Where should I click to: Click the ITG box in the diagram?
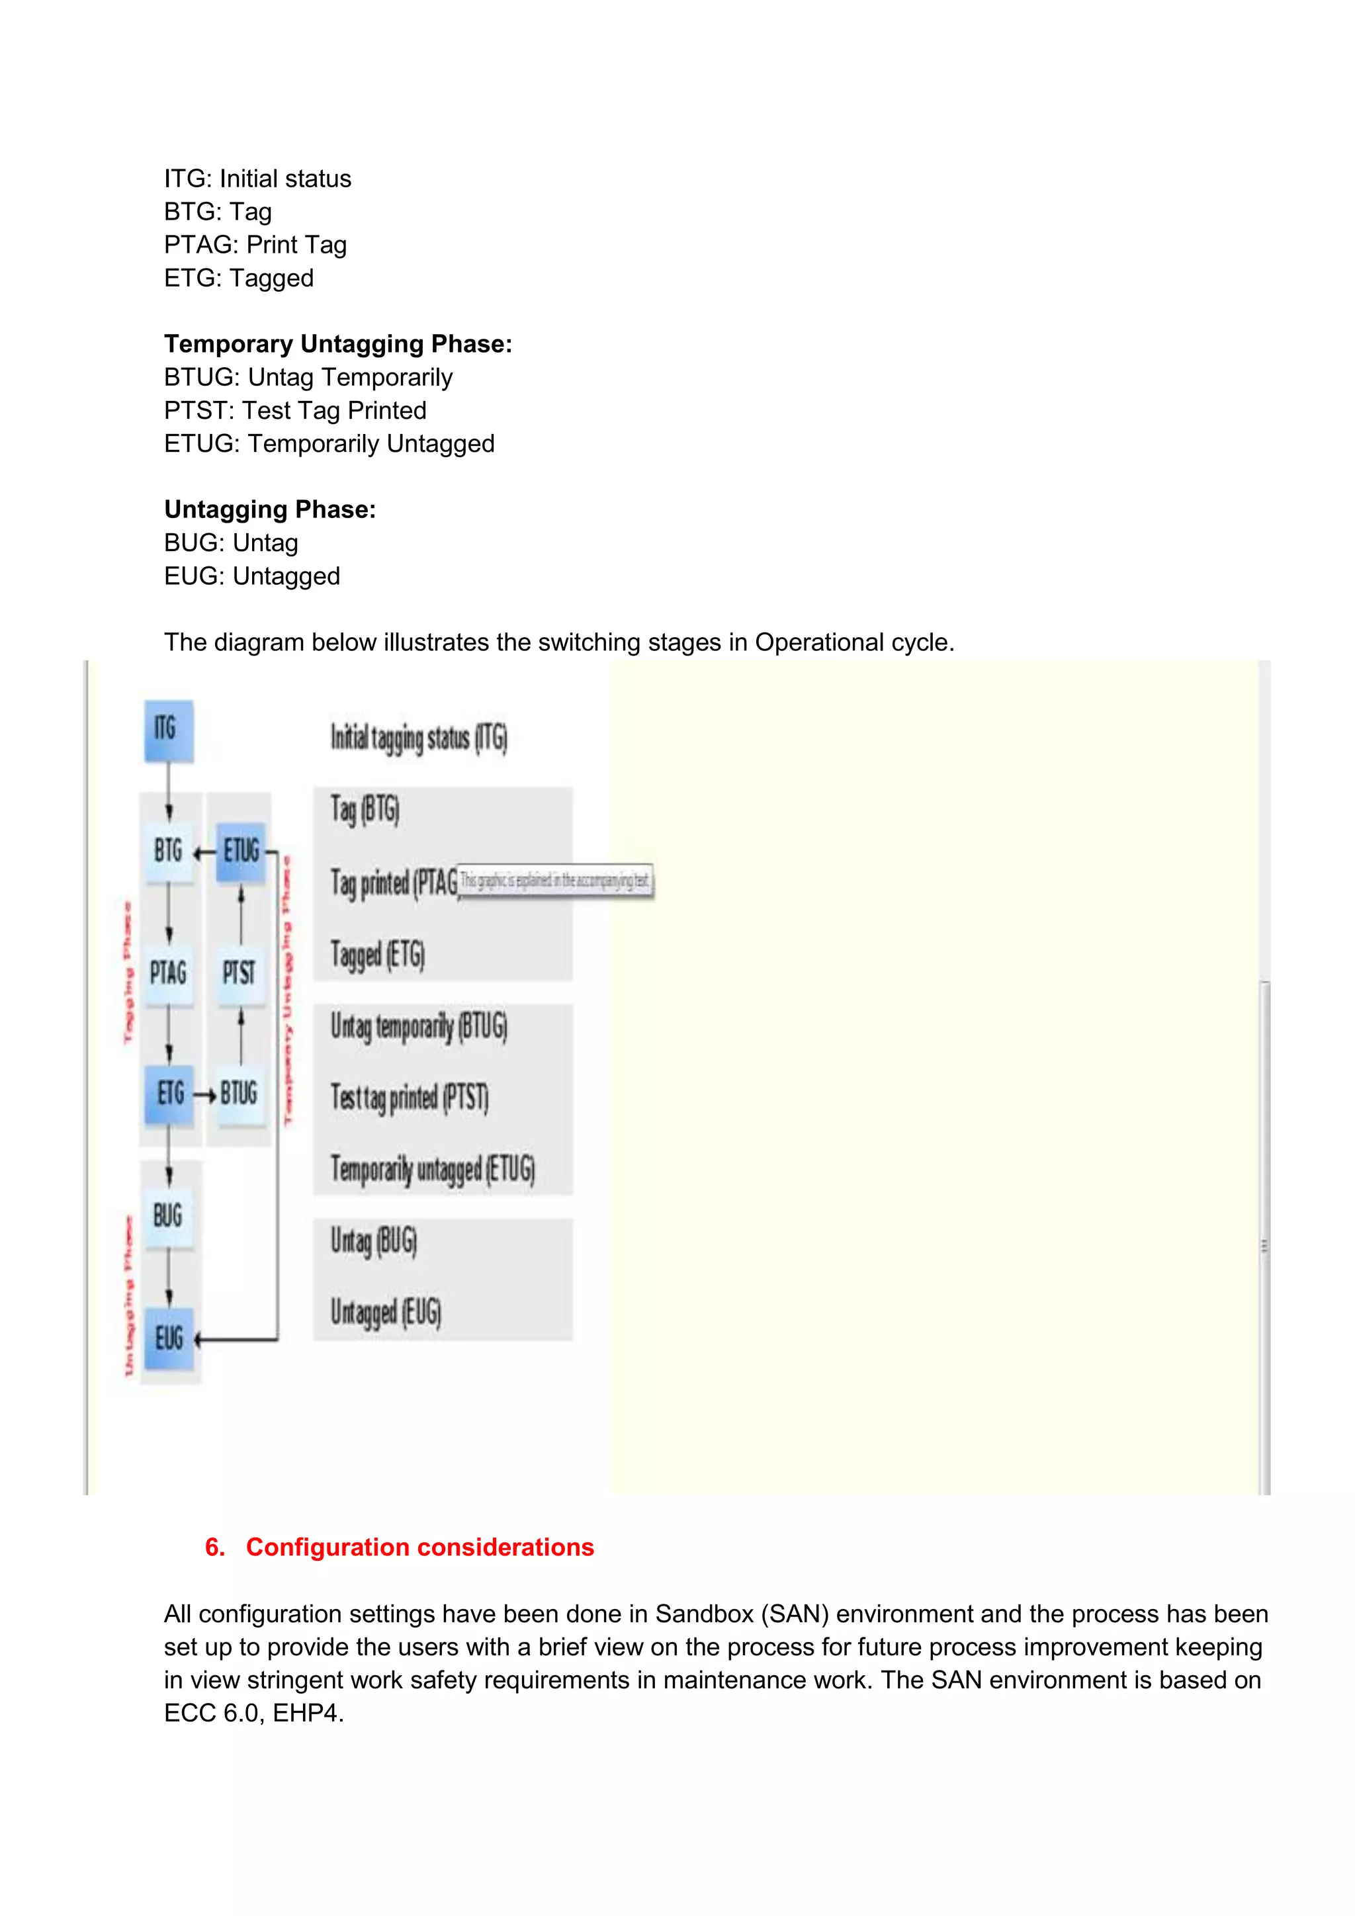pos(169,730)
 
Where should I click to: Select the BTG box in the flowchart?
pos(169,851)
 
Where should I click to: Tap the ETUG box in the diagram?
pos(241,852)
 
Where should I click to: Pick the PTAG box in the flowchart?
pos(169,973)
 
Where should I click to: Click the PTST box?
pos(240,973)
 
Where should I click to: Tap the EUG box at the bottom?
pos(169,1338)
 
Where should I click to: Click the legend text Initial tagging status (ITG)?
pos(419,738)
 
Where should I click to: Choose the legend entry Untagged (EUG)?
pos(386,1313)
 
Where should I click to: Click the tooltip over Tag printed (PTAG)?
pos(556,881)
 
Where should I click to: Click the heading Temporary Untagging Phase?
pos(338,344)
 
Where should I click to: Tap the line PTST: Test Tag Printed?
pos(294,411)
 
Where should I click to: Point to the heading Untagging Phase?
pos(269,509)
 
